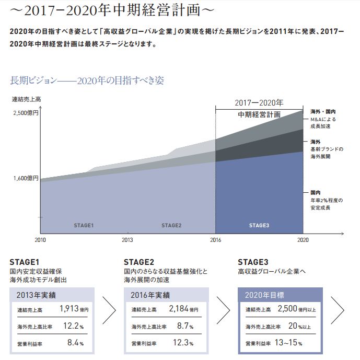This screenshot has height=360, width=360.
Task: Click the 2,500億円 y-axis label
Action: click(25, 112)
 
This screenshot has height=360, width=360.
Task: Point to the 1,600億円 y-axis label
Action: click(25, 178)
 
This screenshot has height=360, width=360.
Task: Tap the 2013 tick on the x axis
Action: click(127, 240)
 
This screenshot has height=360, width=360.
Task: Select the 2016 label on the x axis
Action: click(215, 240)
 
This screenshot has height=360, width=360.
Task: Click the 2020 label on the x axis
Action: click(303, 240)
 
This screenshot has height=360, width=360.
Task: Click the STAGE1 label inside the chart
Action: click(83, 226)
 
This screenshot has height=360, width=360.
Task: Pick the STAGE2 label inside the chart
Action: click(171, 226)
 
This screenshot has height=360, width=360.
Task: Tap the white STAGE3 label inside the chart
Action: click(259, 226)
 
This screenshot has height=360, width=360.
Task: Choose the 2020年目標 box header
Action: click(264, 295)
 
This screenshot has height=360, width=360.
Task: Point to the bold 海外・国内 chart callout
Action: click(322, 112)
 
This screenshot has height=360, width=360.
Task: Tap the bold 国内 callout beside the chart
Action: click(315, 193)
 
